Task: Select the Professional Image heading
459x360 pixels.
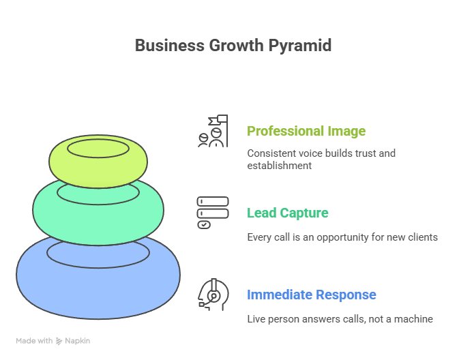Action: coord(306,131)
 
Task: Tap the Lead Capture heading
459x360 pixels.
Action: coord(287,213)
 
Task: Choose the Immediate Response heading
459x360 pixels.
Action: coord(311,295)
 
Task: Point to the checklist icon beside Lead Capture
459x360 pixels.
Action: coord(213,213)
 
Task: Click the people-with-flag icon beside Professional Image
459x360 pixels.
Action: coord(211,131)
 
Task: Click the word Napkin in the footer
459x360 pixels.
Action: coord(77,340)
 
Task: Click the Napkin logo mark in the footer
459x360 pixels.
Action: coord(59,340)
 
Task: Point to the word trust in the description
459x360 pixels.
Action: coord(361,153)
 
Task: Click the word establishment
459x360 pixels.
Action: coord(279,165)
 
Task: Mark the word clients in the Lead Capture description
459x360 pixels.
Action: coord(422,237)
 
